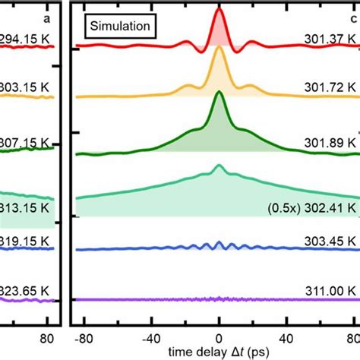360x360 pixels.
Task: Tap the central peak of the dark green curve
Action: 219,94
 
